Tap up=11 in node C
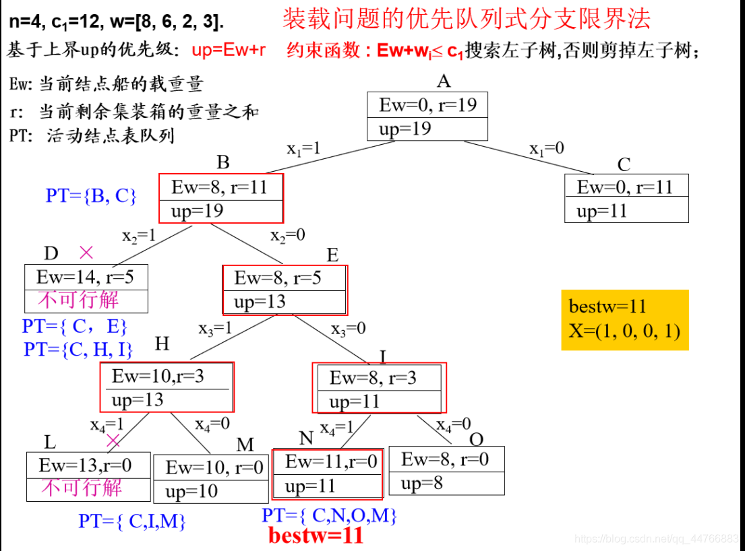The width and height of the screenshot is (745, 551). tap(601, 211)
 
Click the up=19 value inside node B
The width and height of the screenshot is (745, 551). tap(197, 211)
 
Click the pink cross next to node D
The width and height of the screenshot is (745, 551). tap(86, 253)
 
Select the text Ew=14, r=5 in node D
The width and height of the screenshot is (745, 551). tap(85, 277)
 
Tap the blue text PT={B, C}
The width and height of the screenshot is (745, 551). tap(91, 196)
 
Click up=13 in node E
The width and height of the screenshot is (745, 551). tap(260, 301)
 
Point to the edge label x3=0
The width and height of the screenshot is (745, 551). tap(349, 329)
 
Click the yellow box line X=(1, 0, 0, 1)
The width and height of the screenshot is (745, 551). tap(624, 331)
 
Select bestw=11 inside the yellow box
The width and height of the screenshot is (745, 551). tap(607, 307)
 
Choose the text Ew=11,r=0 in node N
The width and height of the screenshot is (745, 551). tap(327, 461)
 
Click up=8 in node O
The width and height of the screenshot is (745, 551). tap(421, 484)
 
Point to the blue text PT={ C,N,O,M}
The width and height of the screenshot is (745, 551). tap(329, 517)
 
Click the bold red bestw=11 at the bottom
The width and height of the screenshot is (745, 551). tap(316, 536)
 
